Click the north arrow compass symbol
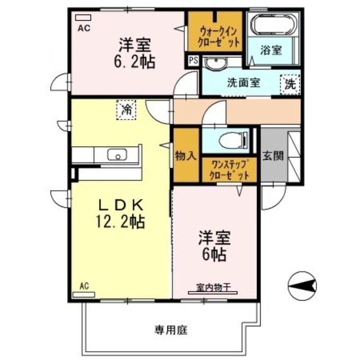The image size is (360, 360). [x=302, y=286]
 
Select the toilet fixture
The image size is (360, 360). [x=234, y=141]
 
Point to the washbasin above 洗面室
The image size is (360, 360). [x=215, y=64]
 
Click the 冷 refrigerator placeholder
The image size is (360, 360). [x=127, y=109]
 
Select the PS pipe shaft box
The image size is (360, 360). [x=193, y=60]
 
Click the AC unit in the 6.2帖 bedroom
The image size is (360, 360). [x=83, y=18]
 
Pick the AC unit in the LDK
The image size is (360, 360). [x=84, y=295]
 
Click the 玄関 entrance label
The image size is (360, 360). [x=273, y=156]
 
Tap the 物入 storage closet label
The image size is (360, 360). [x=186, y=156]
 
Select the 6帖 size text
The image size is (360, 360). [x=213, y=255]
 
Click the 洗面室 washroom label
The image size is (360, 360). [x=243, y=83]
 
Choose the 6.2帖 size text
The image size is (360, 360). [x=135, y=61]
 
